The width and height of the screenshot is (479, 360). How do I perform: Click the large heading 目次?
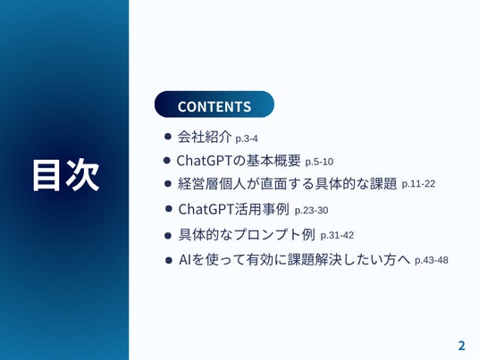(x=66, y=175)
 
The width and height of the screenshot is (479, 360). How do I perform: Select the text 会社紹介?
(x=205, y=137)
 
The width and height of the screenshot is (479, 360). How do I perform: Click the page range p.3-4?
(x=247, y=139)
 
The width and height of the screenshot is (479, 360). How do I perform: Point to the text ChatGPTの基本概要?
(x=239, y=160)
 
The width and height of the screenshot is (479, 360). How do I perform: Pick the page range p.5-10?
(x=319, y=162)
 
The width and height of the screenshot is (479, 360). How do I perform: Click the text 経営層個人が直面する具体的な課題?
(x=287, y=183)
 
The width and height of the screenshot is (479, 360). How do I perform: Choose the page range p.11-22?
(x=418, y=184)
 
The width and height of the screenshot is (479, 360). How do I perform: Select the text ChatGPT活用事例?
(x=233, y=209)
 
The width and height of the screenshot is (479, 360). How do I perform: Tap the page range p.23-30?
(x=311, y=211)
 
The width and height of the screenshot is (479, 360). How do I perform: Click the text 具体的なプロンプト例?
(x=247, y=235)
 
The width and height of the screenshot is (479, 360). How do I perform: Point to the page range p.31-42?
(x=337, y=236)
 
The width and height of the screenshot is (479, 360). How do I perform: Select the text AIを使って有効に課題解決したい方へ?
(x=295, y=260)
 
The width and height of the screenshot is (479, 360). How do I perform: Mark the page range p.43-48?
(x=432, y=261)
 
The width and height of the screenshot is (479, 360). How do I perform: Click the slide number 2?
(x=461, y=346)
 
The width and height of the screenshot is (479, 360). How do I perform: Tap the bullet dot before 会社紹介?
(x=167, y=136)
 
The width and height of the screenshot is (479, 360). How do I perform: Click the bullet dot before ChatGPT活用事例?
(x=168, y=209)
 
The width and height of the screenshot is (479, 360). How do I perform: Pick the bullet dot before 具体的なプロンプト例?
(x=168, y=236)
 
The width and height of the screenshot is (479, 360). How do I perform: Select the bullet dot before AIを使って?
(x=168, y=261)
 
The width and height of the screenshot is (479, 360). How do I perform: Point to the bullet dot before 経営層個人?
(x=168, y=183)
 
